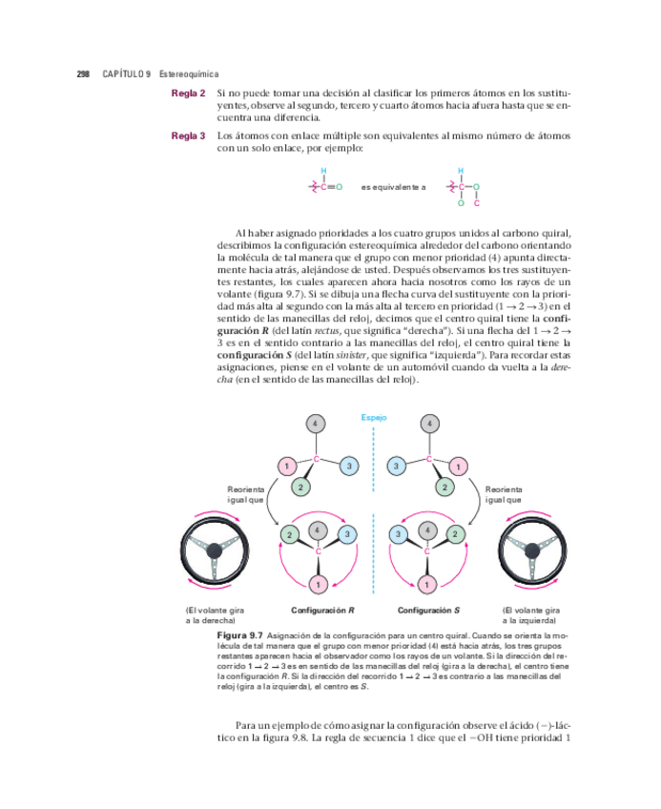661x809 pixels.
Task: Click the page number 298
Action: point(83,73)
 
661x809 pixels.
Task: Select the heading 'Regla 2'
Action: point(188,93)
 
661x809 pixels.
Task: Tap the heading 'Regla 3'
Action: point(188,135)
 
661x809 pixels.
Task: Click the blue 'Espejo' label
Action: point(374,417)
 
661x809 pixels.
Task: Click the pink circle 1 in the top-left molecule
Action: point(284,466)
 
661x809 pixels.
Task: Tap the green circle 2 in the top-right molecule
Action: point(444,487)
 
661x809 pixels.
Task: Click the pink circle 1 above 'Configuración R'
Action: point(318,583)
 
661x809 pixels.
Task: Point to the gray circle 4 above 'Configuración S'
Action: point(428,529)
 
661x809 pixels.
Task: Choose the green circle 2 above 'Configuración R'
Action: point(288,534)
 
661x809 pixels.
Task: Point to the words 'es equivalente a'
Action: point(393,188)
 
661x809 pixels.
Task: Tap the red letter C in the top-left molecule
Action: point(317,458)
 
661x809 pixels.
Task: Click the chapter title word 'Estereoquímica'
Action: point(189,73)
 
